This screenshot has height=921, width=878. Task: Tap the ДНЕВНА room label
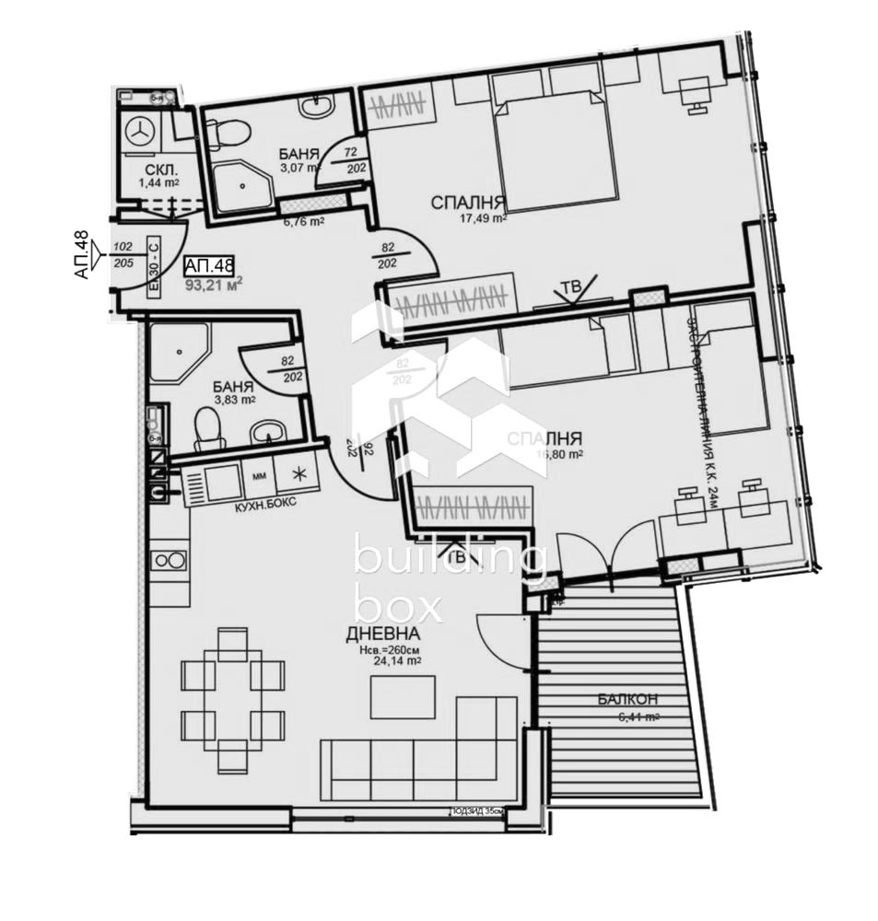point(383,634)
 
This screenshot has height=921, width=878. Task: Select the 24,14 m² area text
point(398,660)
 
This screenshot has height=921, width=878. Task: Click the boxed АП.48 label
point(209,266)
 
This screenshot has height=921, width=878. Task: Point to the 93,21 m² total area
point(213,284)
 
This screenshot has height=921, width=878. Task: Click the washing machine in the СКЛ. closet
point(141,131)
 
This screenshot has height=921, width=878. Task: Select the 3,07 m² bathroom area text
point(299,168)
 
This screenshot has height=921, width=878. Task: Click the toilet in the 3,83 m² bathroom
point(209,428)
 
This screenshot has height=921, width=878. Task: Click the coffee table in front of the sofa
point(403,697)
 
